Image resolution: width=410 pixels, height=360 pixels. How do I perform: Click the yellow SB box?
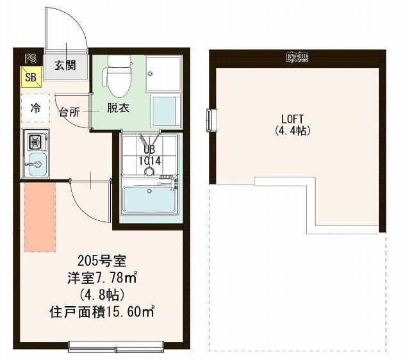[31, 78]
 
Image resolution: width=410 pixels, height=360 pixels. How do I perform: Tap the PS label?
[29, 58]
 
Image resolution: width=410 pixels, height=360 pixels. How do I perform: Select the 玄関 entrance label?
[65, 65]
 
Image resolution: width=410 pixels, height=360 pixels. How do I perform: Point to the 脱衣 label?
[118, 108]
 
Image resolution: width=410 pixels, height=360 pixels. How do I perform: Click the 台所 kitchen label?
[69, 112]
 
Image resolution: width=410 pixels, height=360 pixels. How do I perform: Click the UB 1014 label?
[150, 156]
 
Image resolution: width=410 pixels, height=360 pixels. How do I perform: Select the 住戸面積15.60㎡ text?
[102, 313]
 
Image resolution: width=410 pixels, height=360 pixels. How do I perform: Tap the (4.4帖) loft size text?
[292, 129]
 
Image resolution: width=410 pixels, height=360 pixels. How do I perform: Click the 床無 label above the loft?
[297, 58]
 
